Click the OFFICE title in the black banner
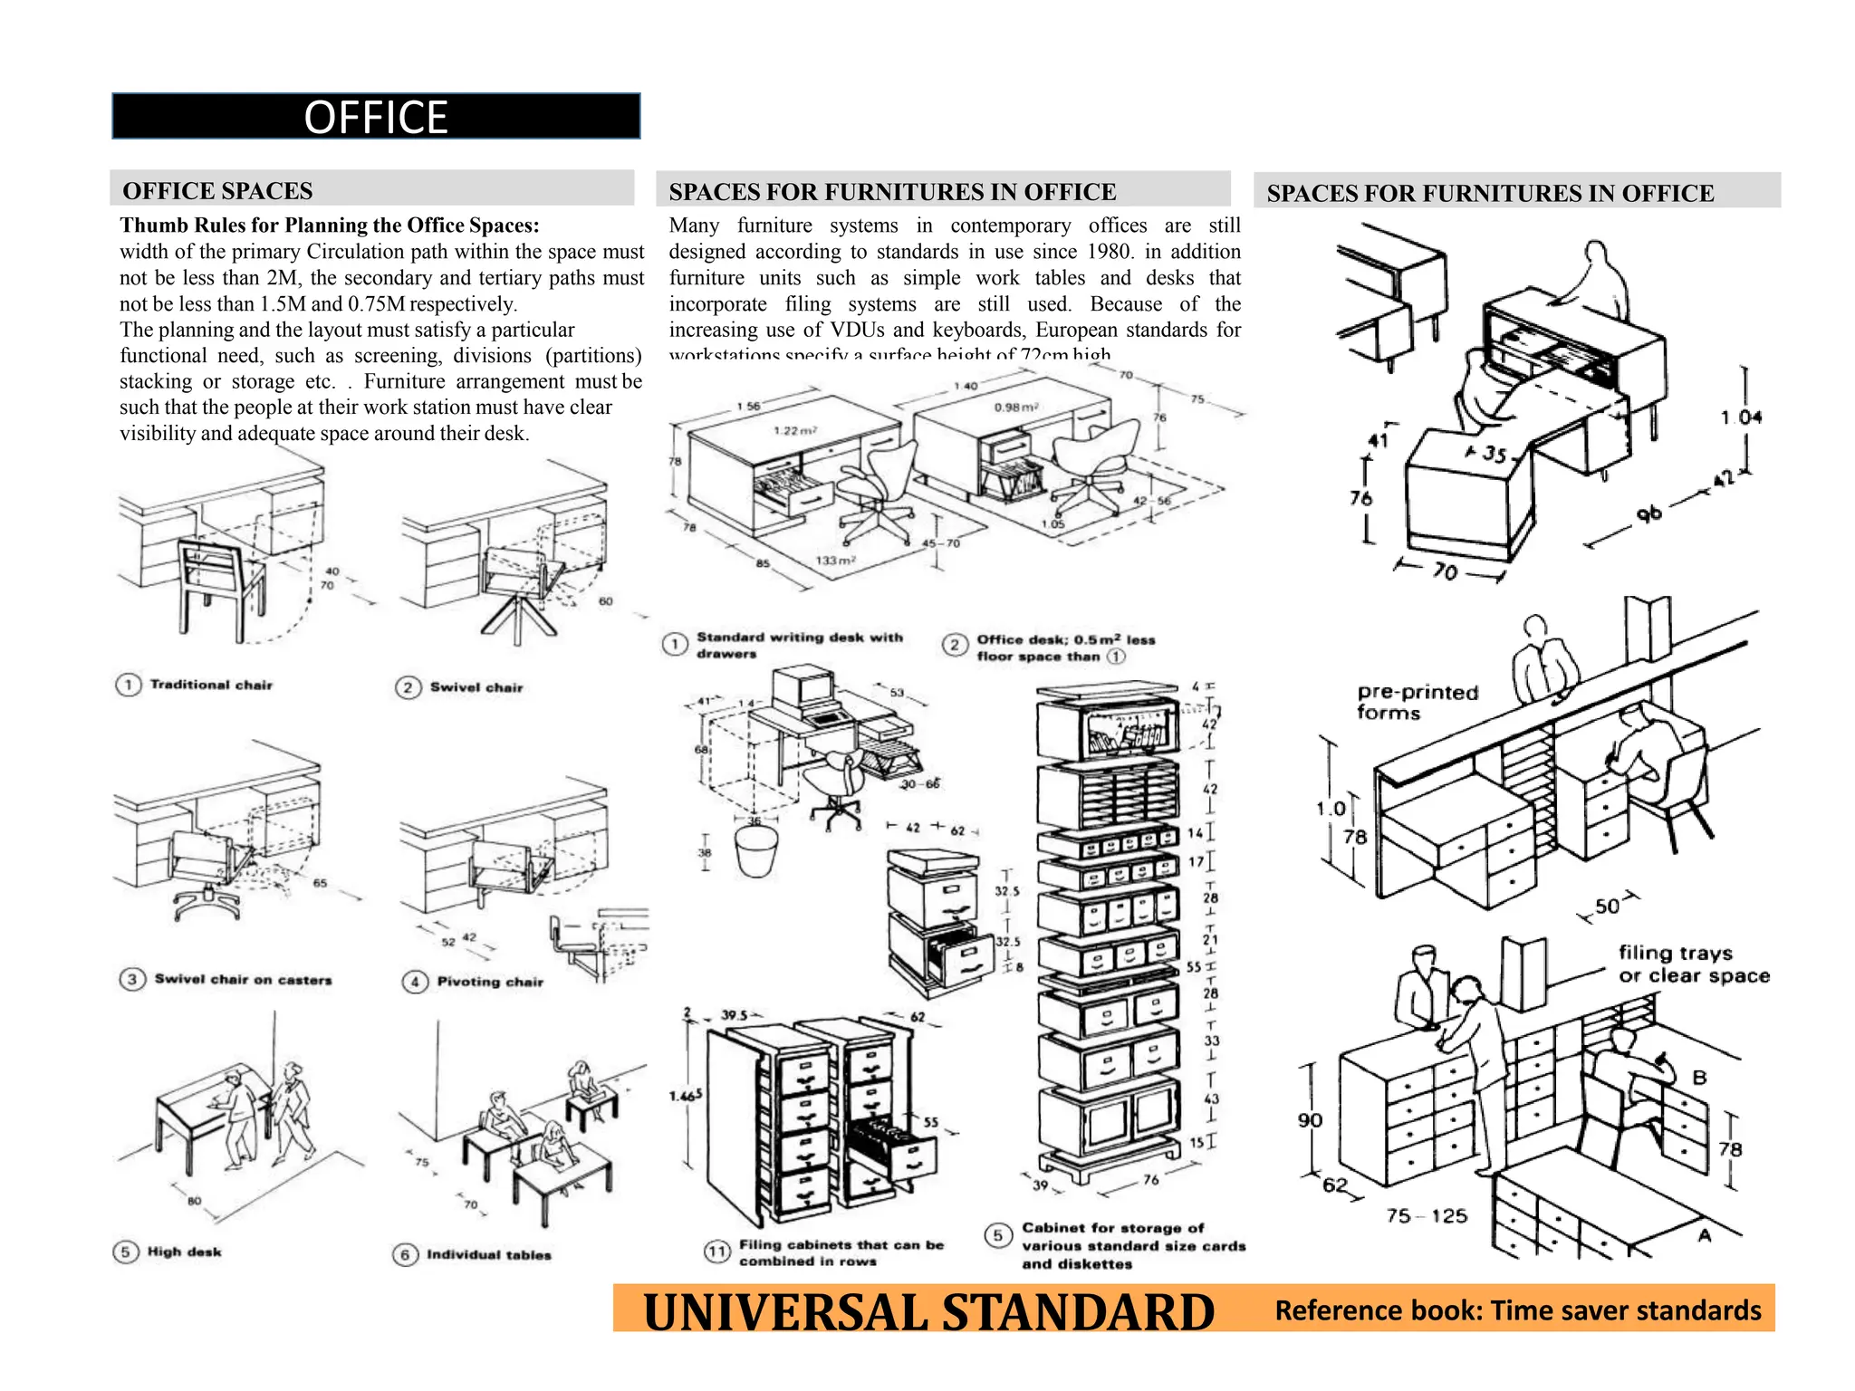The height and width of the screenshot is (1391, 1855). [x=375, y=117]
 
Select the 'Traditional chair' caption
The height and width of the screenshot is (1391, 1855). [x=210, y=685]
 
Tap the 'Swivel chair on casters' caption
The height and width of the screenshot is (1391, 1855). [x=243, y=979]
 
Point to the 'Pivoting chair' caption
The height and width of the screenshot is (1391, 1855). [x=489, y=982]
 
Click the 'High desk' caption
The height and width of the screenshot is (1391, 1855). [x=184, y=1252]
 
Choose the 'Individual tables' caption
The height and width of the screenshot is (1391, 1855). [x=488, y=1254]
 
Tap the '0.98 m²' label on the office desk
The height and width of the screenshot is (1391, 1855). [x=1015, y=408]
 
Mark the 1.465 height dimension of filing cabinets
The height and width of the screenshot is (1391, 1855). [x=686, y=1096]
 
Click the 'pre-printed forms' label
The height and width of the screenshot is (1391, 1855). [x=1416, y=702]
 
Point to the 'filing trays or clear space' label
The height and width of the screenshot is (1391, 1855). [x=1692, y=964]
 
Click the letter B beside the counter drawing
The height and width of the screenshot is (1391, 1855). [x=1699, y=1078]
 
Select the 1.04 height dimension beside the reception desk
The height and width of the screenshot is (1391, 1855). [x=1741, y=417]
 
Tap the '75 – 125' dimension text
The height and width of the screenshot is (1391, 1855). [x=1426, y=1216]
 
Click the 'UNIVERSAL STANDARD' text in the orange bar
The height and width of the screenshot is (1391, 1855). [x=928, y=1312]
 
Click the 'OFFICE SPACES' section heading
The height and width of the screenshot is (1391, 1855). [x=217, y=191]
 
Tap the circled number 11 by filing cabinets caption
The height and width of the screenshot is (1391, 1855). [x=717, y=1252]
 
